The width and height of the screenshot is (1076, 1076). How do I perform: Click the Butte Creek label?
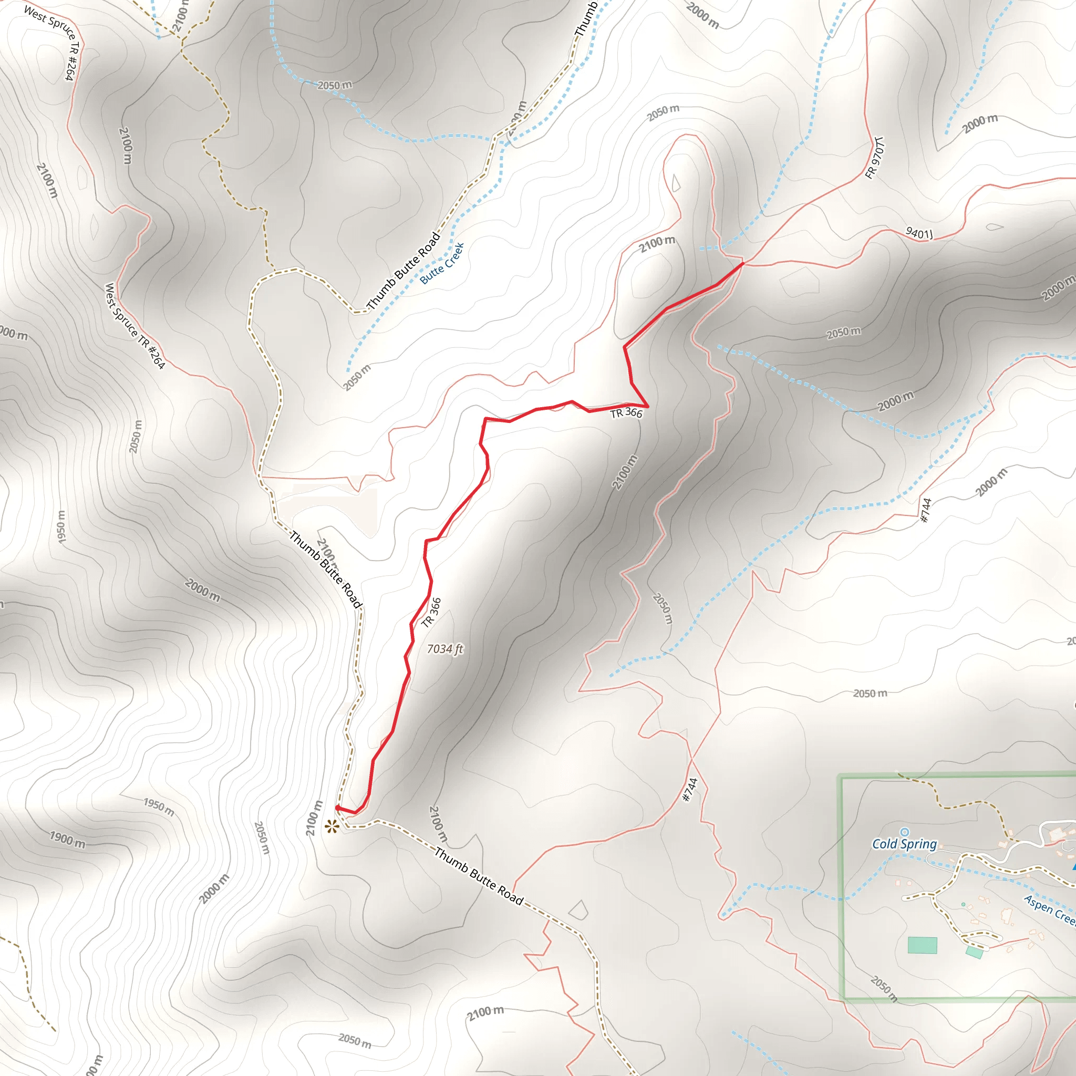point(442,263)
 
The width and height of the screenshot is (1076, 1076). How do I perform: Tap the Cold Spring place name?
point(905,844)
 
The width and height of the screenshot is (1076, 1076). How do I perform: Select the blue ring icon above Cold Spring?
point(905,832)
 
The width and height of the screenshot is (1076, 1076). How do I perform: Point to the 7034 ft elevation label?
point(444,649)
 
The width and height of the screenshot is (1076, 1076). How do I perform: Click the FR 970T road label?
point(874,158)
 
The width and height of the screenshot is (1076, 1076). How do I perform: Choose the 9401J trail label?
point(919,233)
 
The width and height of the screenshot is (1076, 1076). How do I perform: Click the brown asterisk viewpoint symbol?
point(332,826)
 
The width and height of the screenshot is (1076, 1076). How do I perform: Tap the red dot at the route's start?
point(337,808)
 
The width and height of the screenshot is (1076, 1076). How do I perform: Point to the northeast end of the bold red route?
point(742,263)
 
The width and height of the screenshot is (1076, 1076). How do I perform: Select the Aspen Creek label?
point(1049,909)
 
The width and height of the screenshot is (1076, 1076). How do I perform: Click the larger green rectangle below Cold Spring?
point(922,945)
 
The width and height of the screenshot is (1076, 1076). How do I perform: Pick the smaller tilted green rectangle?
point(974,953)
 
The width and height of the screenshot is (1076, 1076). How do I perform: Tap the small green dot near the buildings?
point(963,905)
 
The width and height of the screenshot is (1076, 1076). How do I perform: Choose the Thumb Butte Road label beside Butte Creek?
point(404,271)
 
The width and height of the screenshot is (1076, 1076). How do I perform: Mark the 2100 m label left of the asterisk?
point(314,818)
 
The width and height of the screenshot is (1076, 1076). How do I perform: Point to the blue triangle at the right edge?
point(1073,867)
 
